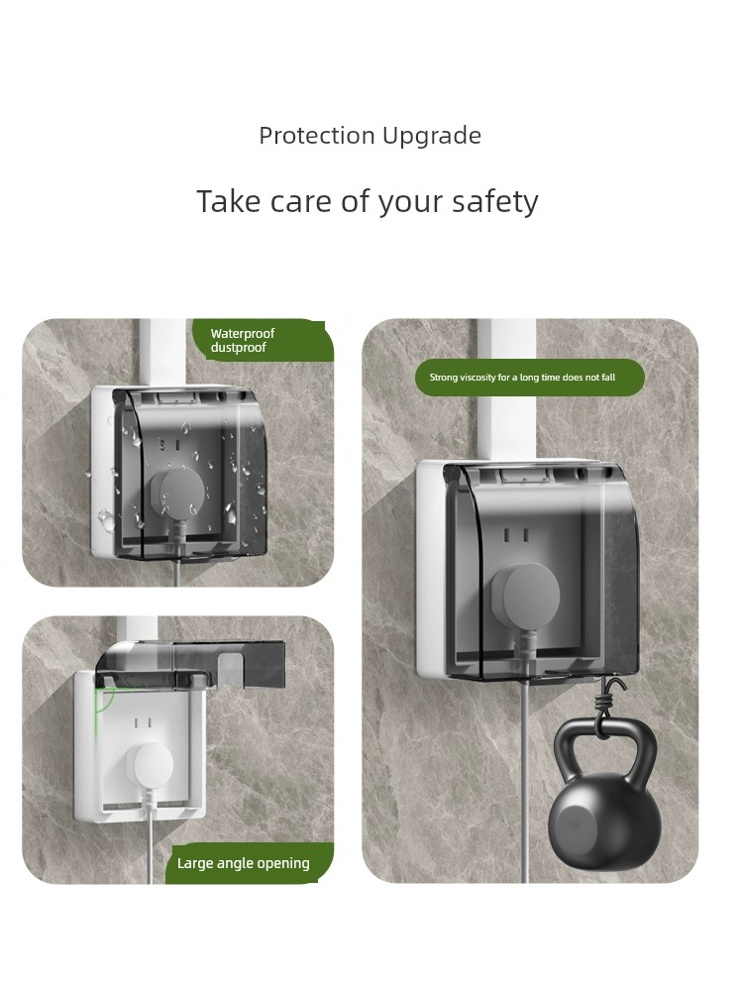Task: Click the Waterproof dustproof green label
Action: (263, 340)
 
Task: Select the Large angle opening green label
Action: (250, 863)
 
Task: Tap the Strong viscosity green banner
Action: (529, 378)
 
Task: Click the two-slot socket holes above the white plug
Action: (143, 723)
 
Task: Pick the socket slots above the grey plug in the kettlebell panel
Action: (515, 536)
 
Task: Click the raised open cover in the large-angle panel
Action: (190, 664)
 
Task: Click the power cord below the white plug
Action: (150, 834)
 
